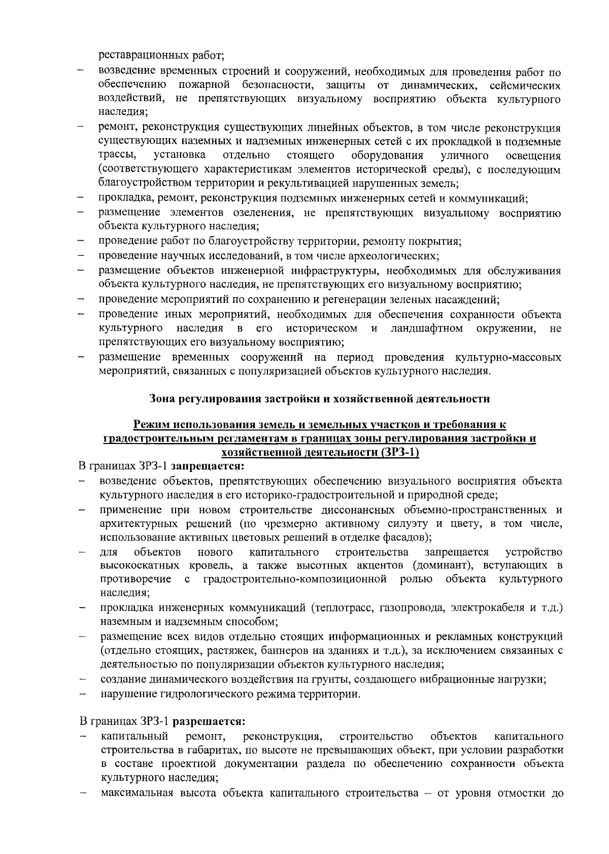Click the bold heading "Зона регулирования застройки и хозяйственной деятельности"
tap(320, 399)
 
